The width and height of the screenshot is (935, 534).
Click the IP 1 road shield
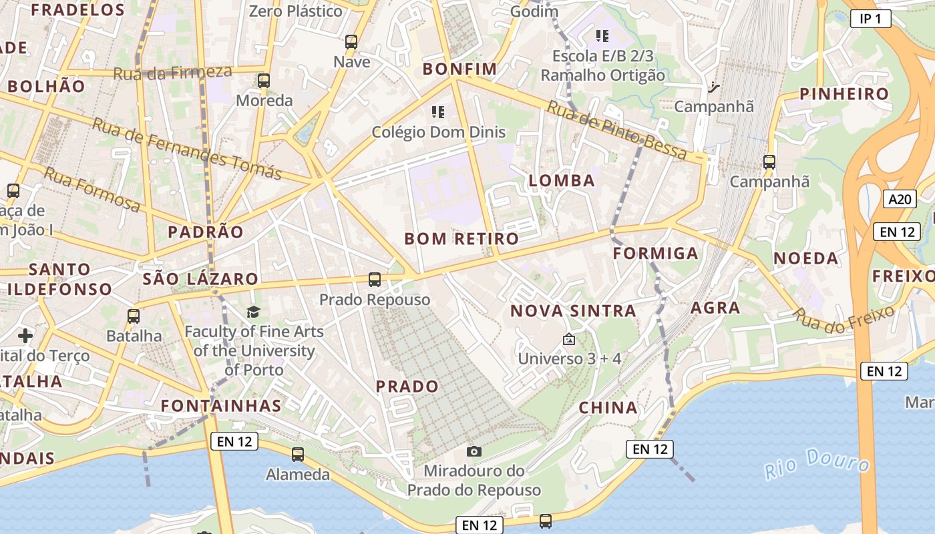(x=871, y=19)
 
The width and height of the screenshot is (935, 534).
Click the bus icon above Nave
(x=351, y=42)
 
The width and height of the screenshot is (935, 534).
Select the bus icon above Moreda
(x=264, y=81)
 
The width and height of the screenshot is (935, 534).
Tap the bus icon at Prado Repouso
(x=375, y=280)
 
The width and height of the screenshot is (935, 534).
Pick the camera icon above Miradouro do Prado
(x=474, y=452)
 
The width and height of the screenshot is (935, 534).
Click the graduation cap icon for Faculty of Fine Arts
(x=253, y=312)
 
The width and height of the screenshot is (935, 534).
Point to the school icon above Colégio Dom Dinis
(x=438, y=112)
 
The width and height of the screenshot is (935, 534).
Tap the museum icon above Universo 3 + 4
(x=569, y=340)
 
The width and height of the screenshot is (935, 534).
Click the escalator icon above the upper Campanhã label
(x=714, y=87)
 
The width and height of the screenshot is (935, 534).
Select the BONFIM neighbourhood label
(x=460, y=69)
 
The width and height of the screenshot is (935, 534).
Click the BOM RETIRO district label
(x=461, y=238)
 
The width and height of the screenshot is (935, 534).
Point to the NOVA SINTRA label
(x=573, y=310)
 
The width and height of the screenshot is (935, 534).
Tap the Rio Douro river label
(x=817, y=463)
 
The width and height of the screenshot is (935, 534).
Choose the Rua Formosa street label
(x=92, y=190)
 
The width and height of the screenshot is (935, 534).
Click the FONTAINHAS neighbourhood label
(x=221, y=405)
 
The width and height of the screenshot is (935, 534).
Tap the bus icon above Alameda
(x=298, y=455)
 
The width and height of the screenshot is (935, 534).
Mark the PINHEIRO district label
(x=845, y=93)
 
